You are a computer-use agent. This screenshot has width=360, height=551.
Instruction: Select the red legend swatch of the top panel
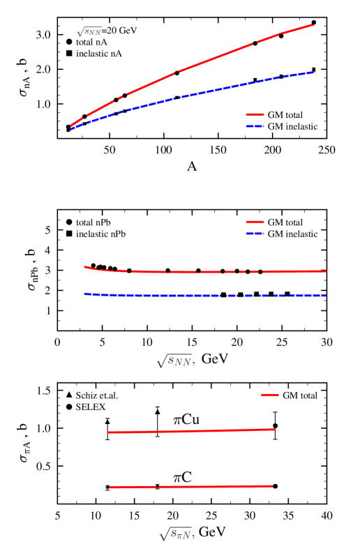255,115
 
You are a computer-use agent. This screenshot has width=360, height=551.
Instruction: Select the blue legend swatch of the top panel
255,126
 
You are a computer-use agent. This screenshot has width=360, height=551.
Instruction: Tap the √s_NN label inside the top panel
89,31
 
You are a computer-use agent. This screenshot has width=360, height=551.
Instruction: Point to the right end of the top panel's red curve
313,24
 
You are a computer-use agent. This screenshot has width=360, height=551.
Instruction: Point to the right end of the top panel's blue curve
312,72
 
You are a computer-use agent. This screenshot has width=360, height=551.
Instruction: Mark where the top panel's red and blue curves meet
71,128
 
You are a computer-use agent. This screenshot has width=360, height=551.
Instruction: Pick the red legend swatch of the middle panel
255,222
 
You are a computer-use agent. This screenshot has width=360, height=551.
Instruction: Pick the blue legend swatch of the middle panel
255,234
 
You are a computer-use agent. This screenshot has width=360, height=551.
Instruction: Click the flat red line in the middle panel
209,271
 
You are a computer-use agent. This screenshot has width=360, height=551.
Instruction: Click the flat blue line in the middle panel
209,296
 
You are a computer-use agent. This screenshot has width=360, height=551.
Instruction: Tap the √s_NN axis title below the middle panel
175,361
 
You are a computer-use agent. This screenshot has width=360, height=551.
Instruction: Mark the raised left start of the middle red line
86,267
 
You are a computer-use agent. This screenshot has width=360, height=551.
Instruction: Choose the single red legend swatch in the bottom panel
270,395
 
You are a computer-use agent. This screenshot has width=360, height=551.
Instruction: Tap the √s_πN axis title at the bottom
176,534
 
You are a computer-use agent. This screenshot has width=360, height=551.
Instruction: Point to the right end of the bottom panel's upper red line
275,429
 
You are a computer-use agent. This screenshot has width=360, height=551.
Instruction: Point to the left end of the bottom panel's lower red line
110,488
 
